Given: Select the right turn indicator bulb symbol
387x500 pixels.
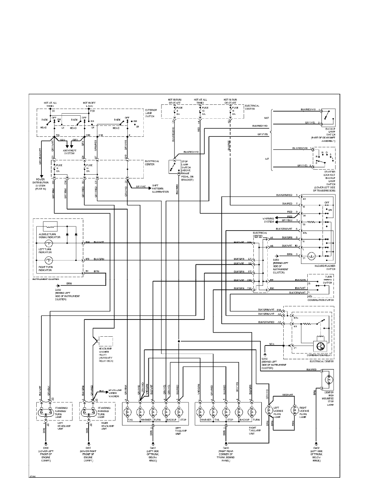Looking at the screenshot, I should coord(48,260).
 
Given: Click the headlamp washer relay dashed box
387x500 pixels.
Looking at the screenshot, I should coord(105,341).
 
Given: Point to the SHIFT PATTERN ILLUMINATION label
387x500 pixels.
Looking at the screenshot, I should coord(160,190).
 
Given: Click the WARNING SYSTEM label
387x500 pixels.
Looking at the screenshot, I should coord(269,219).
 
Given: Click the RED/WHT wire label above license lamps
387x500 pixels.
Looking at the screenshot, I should coord(288,396).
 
